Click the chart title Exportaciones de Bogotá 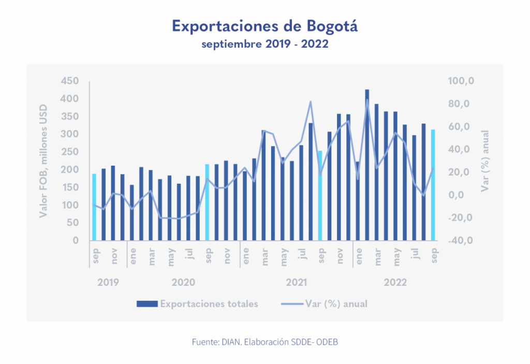click(x=264, y=26)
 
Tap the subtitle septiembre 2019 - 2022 click(x=264, y=44)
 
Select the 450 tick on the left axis click(x=69, y=81)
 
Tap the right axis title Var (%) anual click(x=485, y=161)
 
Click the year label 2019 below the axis click(x=108, y=282)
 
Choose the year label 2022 click(x=395, y=282)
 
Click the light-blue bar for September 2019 click(x=94, y=207)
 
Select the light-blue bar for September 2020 click(x=207, y=202)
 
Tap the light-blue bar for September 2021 click(x=320, y=196)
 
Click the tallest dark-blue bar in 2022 click(x=367, y=165)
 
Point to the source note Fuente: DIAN click(x=264, y=342)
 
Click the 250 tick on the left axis click(x=69, y=152)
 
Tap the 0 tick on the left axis click(x=76, y=241)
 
